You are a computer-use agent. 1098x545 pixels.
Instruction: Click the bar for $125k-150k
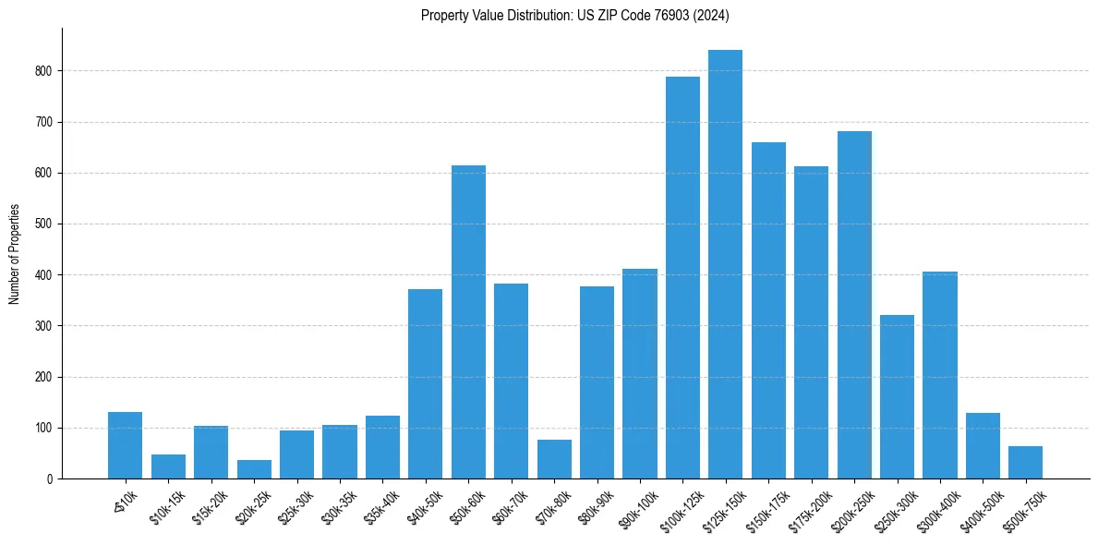click(725, 264)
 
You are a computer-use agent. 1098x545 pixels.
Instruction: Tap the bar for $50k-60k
click(468, 321)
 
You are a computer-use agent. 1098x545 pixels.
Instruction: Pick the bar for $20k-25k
click(254, 469)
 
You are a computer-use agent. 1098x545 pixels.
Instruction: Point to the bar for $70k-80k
click(554, 459)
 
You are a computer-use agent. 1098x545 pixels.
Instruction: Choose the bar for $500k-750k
click(1025, 463)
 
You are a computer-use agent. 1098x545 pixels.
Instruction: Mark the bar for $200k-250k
click(854, 305)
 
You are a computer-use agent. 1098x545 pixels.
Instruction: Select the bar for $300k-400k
click(939, 375)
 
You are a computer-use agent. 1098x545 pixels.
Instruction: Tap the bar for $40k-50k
click(425, 383)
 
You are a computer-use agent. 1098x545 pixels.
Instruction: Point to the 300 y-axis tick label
click(46, 326)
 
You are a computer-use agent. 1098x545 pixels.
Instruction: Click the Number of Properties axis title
click(14, 254)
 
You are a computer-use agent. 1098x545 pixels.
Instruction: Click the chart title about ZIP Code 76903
click(575, 16)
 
